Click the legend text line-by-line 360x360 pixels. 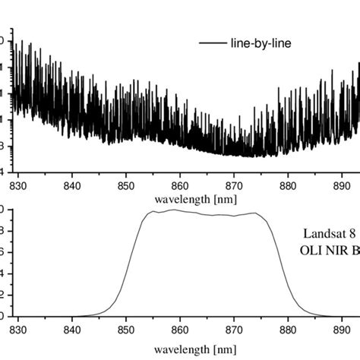pyautogui.click(x=261, y=43)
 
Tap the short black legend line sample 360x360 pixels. pyautogui.click(x=213, y=43)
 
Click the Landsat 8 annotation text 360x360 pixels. pyautogui.click(x=330, y=235)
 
